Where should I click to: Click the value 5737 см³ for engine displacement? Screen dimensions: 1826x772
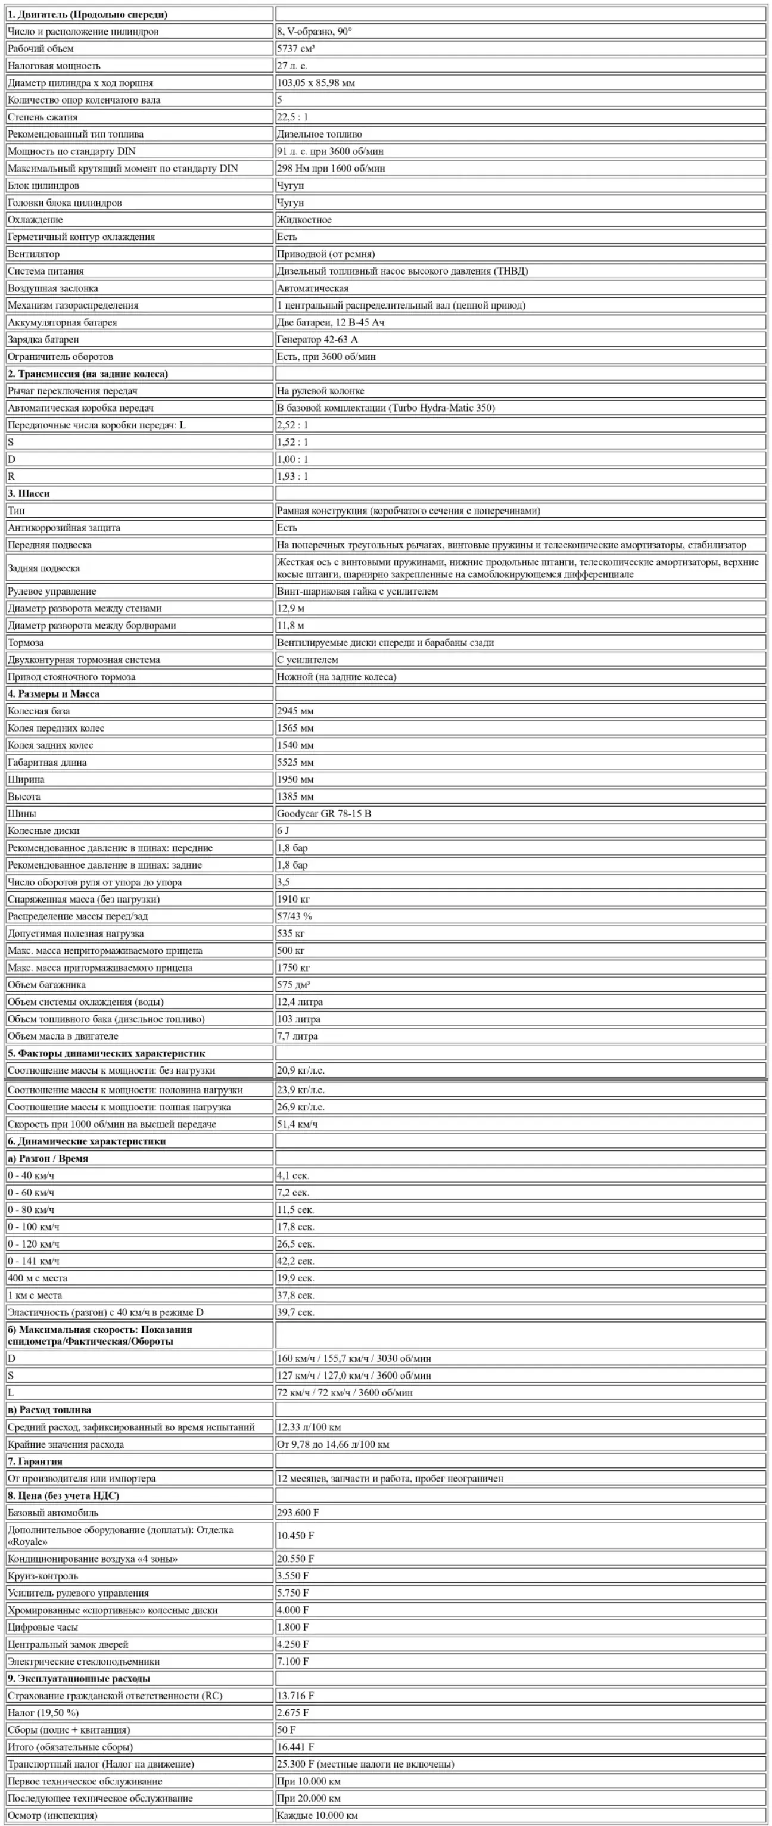[295, 49]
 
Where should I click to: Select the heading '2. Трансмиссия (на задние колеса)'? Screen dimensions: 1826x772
[88, 374]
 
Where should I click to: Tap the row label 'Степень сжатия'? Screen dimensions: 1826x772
[42, 117]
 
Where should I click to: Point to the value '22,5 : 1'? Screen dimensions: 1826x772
[293, 117]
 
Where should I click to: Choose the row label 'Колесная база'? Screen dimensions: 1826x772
[39, 711]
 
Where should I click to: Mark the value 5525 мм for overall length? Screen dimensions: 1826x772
[295, 762]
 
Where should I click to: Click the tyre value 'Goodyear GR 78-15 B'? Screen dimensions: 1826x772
[324, 814]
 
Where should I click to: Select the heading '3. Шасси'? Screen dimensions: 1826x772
[29, 493]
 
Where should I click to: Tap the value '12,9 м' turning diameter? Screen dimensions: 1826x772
[291, 608]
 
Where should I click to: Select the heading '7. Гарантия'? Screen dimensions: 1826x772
[36, 1461]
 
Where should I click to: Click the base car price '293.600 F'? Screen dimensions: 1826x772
[298, 1513]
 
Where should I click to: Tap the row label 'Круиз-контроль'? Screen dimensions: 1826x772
[43, 1576]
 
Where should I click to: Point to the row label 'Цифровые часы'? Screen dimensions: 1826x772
[43, 1628]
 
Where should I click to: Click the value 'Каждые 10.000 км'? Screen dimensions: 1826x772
[317, 1815]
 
